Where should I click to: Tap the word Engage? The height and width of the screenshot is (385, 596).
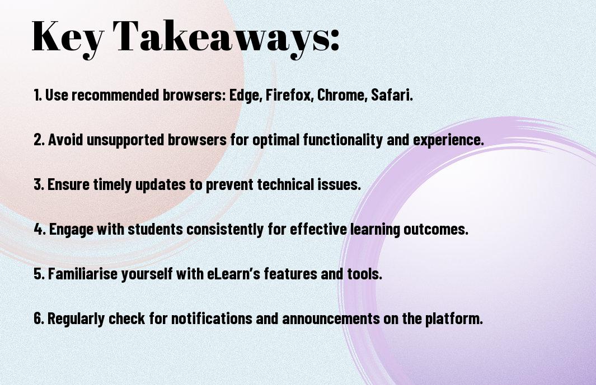click(71, 229)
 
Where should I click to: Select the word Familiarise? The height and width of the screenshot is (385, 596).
click(83, 274)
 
